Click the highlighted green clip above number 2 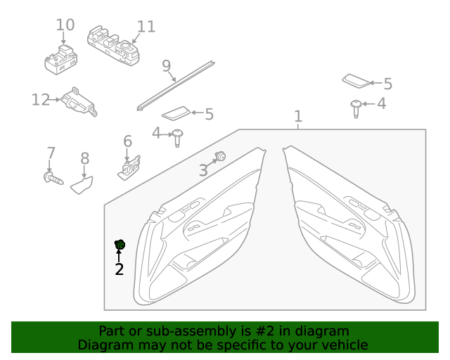pyautogui.click(x=120, y=245)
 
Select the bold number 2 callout pyautogui.click(x=120, y=269)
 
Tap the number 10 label pyautogui.click(x=65, y=25)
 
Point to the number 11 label pyautogui.click(x=146, y=27)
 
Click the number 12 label pyautogui.click(x=41, y=100)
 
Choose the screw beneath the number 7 pyautogui.click(x=53, y=179)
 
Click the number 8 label pyautogui.click(x=84, y=159)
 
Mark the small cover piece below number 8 pyautogui.click(x=84, y=186)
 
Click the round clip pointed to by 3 pyautogui.click(x=220, y=156)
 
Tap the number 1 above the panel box pyautogui.click(x=298, y=116)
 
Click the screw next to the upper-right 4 pyautogui.click(x=357, y=107)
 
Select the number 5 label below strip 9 pyautogui.click(x=209, y=113)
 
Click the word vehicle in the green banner pyautogui.click(x=345, y=345)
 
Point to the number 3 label pyautogui.click(x=202, y=169)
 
